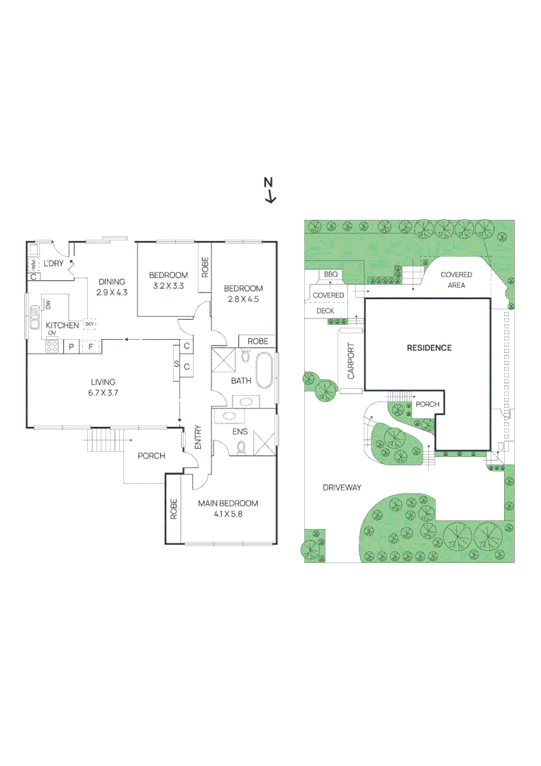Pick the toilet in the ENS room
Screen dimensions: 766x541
click(x=240, y=447)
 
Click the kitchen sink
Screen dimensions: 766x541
click(x=33, y=325)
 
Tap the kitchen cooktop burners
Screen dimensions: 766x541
click(x=52, y=347)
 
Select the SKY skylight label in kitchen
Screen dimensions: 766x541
click(x=90, y=324)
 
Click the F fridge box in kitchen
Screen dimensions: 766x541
click(x=89, y=347)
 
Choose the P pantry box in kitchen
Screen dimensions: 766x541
click(x=71, y=347)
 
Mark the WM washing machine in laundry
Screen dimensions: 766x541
click(x=33, y=265)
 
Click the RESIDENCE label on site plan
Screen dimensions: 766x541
click(x=428, y=348)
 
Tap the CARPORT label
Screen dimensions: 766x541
click(x=351, y=362)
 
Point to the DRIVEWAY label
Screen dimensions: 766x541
click(x=342, y=487)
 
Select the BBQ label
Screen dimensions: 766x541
click(x=330, y=274)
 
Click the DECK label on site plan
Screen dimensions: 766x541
click(x=325, y=310)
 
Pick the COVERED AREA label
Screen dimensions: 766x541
click(x=456, y=279)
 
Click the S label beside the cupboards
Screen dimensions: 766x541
click(x=176, y=363)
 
